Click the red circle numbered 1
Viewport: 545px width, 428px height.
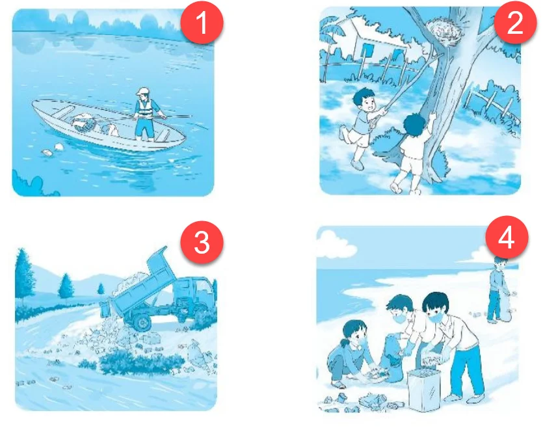pyautogui.click(x=202, y=23)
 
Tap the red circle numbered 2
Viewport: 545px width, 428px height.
pyautogui.click(x=515, y=22)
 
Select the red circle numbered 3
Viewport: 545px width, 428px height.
pyautogui.click(x=202, y=242)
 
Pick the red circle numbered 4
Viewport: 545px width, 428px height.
pyautogui.click(x=507, y=237)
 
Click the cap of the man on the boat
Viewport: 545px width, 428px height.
pyautogui.click(x=143, y=92)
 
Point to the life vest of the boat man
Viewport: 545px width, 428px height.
pyautogui.click(x=145, y=108)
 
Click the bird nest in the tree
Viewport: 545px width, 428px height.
pyautogui.click(x=445, y=32)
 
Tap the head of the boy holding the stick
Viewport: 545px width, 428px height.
pyautogui.click(x=364, y=99)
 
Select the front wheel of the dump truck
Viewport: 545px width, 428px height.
pyautogui.click(x=142, y=323)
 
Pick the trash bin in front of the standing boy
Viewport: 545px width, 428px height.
pyautogui.click(x=424, y=390)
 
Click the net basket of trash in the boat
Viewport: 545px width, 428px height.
pyautogui.click(x=84, y=123)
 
